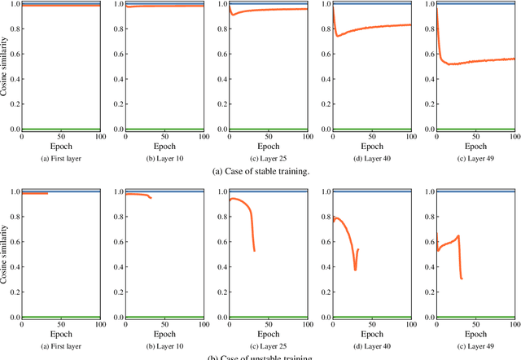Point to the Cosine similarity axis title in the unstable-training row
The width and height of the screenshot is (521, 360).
click(x=7, y=254)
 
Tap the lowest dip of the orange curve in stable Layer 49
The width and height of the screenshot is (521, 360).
click(x=450, y=64)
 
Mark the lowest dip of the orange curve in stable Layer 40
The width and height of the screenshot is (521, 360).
click(x=338, y=36)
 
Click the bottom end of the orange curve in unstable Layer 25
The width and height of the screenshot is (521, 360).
click(x=255, y=251)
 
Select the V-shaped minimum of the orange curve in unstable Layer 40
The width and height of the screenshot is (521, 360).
click(x=355, y=270)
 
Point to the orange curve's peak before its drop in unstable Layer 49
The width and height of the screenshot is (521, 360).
click(x=459, y=236)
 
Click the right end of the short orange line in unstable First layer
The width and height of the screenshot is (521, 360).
click(x=47, y=193)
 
